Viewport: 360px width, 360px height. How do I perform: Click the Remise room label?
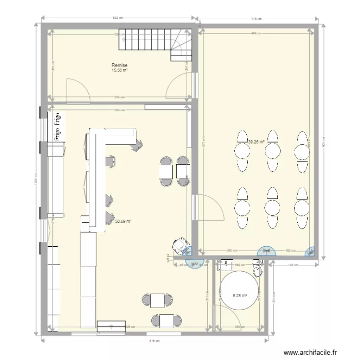pyautogui.click(x=120, y=65)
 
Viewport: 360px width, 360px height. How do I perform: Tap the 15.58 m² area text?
pyautogui.click(x=120, y=71)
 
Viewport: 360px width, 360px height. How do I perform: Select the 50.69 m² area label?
pyautogui.click(x=123, y=221)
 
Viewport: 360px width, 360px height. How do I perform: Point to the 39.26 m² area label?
pyautogui.click(x=257, y=142)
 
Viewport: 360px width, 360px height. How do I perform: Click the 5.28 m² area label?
pyautogui.click(x=240, y=296)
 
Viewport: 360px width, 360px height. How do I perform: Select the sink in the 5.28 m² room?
pyautogui.click(x=225, y=264)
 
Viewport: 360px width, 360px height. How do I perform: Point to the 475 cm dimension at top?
pyautogui.click(x=258, y=19)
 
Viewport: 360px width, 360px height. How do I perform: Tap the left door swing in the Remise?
pyautogui.click(x=77, y=91)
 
